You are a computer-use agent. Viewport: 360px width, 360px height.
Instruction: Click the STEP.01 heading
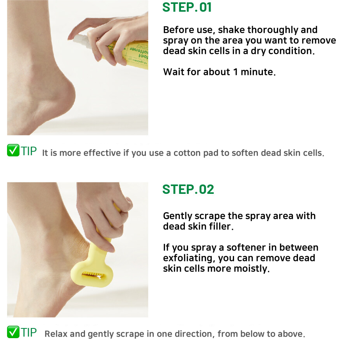point(187,7)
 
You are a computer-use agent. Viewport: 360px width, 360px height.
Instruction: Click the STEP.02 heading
point(188,190)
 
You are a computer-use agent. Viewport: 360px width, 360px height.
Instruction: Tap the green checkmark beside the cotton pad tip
point(13,151)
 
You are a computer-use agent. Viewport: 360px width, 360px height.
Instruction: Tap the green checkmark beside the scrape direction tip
point(13,332)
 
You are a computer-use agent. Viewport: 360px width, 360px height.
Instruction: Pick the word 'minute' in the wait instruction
point(258,72)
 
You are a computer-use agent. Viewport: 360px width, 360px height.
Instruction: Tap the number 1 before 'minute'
point(235,72)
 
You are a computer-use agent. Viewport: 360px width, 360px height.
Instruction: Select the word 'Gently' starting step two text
point(178,216)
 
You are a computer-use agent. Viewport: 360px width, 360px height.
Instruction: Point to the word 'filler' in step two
point(221,226)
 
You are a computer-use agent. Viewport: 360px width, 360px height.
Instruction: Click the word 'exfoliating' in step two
point(189,258)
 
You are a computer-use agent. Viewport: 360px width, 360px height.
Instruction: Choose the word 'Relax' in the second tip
point(56,334)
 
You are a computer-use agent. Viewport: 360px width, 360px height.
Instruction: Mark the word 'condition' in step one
point(291,51)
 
